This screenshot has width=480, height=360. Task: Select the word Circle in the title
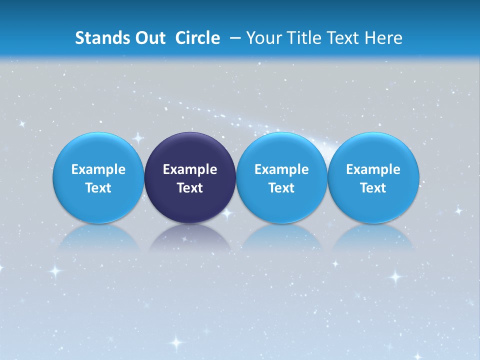pyautogui.click(x=197, y=38)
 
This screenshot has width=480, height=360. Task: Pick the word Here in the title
pyautogui.click(x=384, y=38)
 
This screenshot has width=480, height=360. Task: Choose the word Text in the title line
pyautogui.click(x=345, y=38)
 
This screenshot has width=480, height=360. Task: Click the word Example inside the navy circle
pyautogui.click(x=190, y=169)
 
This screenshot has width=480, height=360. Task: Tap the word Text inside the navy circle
pyautogui.click(x=190, y=188)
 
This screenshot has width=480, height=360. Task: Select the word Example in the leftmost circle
pyautogui.click(x=98, y=169)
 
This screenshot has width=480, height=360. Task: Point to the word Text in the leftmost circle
pyautogui.click(x=98, y=188)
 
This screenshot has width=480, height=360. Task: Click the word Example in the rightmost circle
pyautogui.click(x=373, y=169)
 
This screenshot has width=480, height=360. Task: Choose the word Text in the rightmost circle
pyautogui.click(x=373, y=188)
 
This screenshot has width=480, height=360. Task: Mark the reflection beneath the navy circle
pyautogui.click(x=190, y=237)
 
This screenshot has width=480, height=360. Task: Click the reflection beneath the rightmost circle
pyautogui.click(x=373, y=237)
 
